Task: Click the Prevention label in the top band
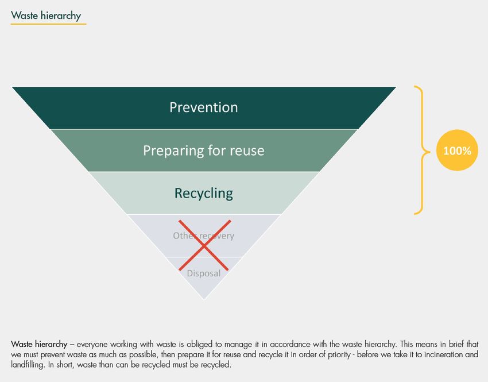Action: (204, 107)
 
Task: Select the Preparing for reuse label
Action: (204, 151)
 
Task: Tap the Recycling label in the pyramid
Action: (204, 194)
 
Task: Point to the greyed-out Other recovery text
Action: (204, 236)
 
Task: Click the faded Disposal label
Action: (204, 273)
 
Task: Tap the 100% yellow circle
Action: (457, 151)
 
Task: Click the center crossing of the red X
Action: (204, 246)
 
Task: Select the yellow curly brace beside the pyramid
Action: (423, 151)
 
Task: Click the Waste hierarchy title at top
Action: (46, 16)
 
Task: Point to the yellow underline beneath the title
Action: (49, 24)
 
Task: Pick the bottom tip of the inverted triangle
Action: (204, 300)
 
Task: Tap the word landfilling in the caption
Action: (28, 365)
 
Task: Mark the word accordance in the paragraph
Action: (290, 344)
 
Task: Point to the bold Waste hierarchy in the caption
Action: (39, 344)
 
